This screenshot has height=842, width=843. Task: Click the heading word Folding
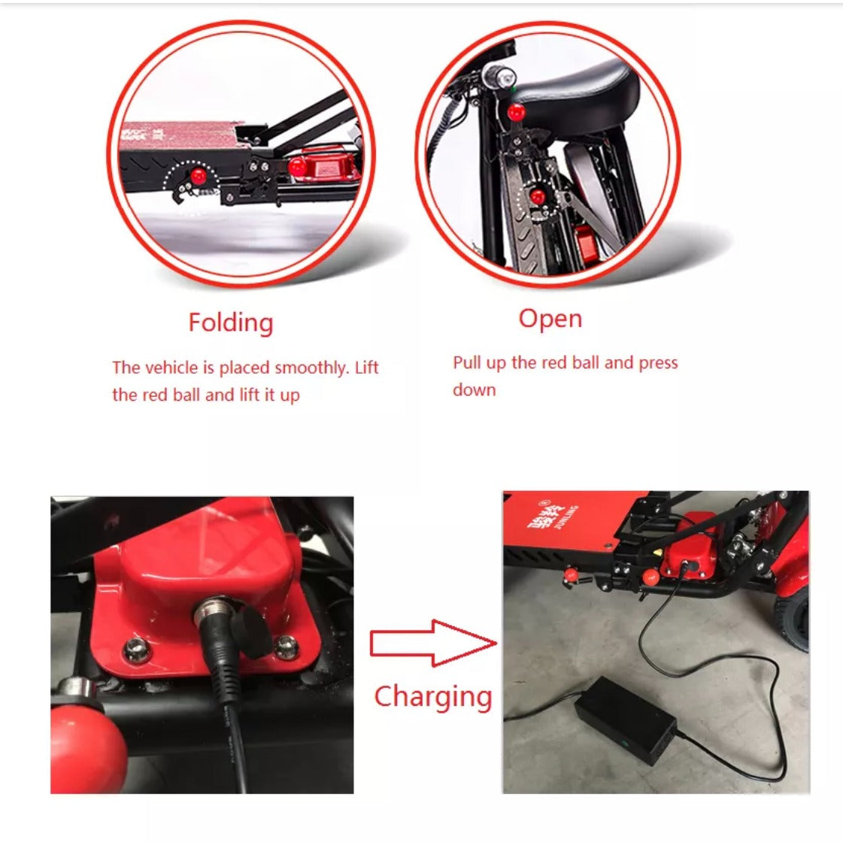point(231,323)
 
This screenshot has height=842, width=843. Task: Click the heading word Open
point(550,320)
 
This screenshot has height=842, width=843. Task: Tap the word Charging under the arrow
point(433,697)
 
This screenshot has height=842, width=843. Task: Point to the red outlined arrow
point(433,643)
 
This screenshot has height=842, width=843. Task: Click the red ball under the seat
point(516,112)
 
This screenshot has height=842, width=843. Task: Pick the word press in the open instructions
point(658,364)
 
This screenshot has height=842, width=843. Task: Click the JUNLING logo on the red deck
point(553,516)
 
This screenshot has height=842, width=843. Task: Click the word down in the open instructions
point(475,390)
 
